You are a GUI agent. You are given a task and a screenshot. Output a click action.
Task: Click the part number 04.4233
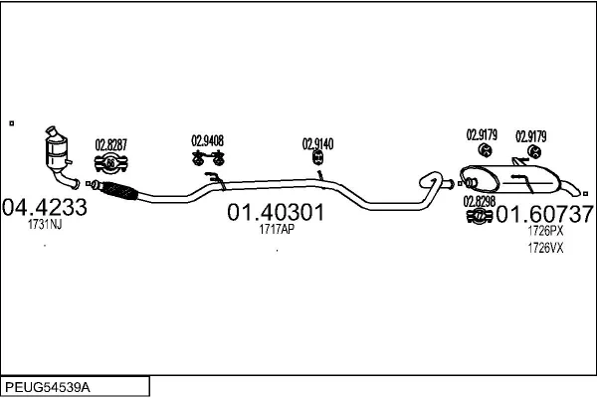45,208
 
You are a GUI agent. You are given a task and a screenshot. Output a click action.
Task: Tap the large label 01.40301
276,213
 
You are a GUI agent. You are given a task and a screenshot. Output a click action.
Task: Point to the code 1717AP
276,230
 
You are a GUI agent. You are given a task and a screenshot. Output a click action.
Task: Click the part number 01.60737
545,213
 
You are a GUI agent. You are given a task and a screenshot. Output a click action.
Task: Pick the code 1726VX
545,248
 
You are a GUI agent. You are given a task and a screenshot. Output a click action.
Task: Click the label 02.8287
110,144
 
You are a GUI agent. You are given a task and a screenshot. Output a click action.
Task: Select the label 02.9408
207,141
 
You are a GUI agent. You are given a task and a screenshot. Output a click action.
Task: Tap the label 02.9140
317,143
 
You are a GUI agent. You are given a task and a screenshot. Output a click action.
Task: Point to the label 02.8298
478,201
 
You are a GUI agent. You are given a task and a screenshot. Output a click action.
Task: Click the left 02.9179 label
483,133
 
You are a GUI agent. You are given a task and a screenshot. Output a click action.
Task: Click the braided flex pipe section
116,190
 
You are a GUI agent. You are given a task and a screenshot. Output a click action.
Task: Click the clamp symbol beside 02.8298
479,216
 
